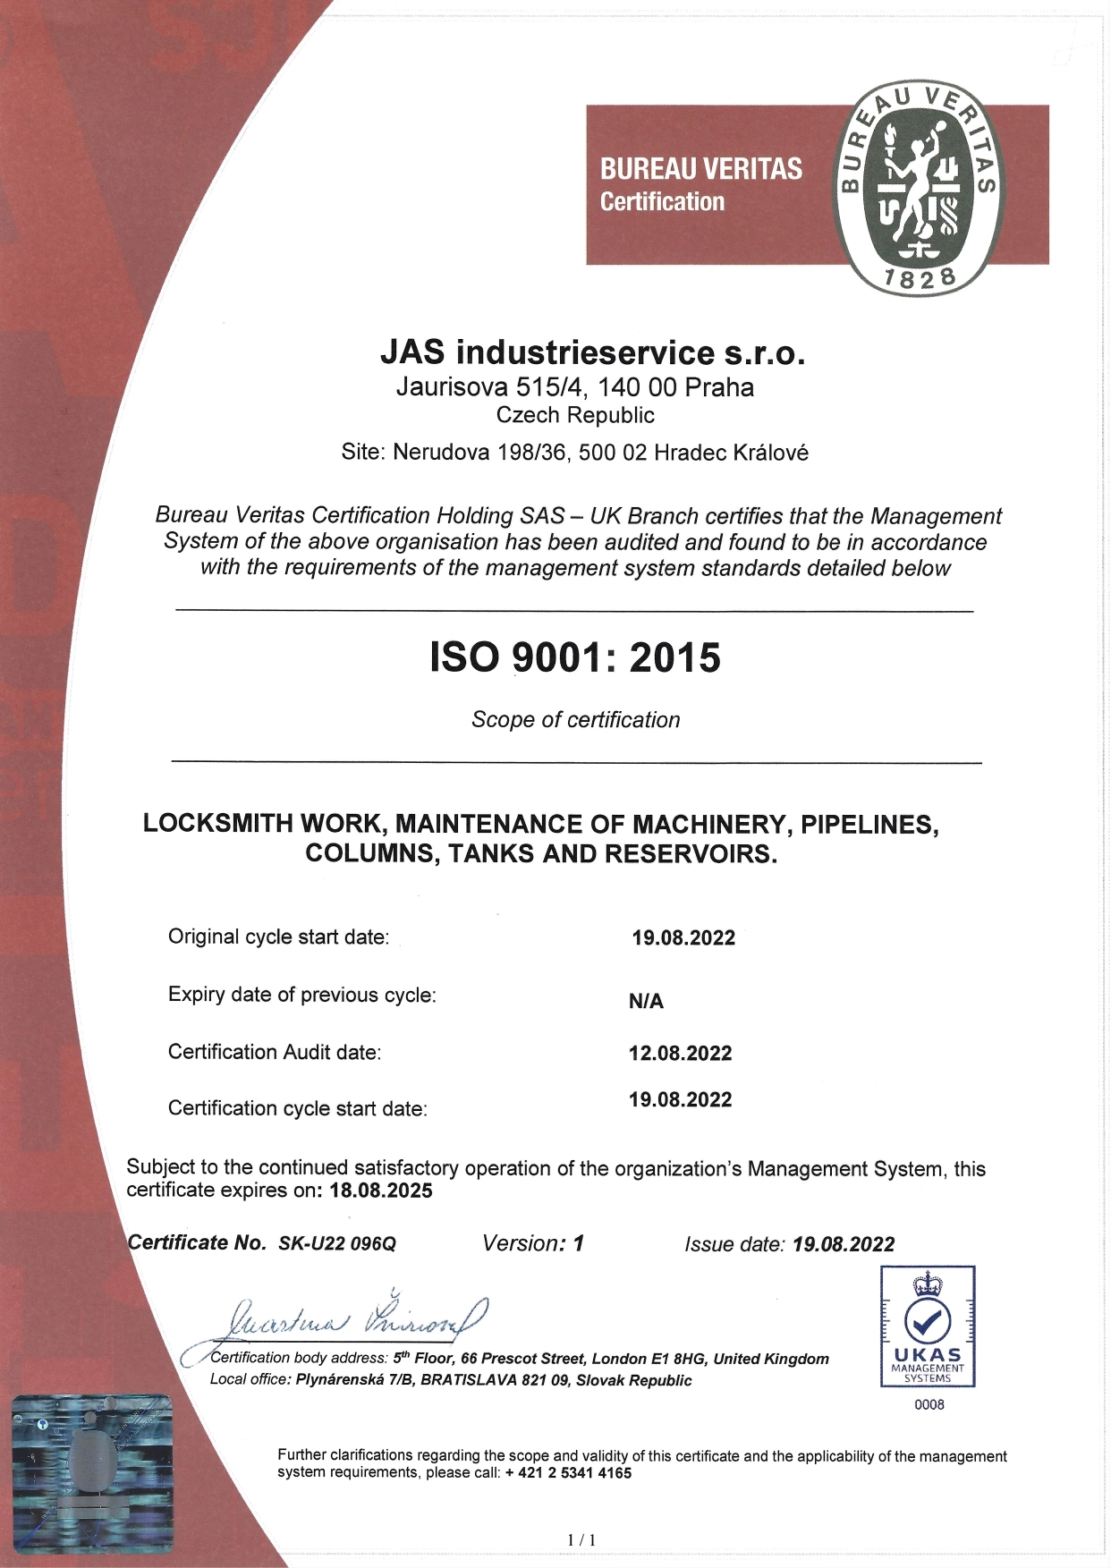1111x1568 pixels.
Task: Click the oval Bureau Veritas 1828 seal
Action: [918, 187]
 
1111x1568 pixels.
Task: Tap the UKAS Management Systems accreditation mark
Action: [928, 1326]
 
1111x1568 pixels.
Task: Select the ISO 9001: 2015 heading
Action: [575, 657]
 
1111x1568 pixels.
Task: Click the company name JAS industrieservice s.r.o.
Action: [592, 352]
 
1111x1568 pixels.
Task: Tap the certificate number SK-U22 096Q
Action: [337, 1243]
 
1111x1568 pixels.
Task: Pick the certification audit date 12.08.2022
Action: [680, 1053]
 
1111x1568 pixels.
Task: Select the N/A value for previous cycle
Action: [646, 1001]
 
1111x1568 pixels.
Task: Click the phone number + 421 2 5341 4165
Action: [568, 1473]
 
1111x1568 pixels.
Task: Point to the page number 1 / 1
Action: [581, 1540]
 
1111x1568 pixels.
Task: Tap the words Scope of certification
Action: [575, 720]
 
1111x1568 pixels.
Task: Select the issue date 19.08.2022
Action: [844, 1244]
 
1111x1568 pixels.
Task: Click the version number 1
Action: [578, 1243]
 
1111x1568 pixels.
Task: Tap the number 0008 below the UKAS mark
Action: [929, 1404]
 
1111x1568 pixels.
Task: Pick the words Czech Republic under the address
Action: [575, 415]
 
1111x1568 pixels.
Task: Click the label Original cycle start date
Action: [278, 937]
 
